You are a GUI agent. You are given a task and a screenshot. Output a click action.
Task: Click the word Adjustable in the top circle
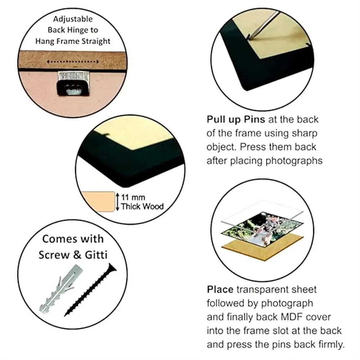(x=73, y=19)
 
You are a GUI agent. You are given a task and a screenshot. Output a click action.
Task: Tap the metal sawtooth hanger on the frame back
(x=73, y=83)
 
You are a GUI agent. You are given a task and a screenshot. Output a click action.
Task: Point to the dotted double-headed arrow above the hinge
(x=73, y=62)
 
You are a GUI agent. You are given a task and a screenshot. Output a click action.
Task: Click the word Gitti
(x=96, y=255)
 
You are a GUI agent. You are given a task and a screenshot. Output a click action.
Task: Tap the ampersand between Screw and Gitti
(x=77, y=255)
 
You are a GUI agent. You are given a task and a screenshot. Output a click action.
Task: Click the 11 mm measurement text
(x=133, y=197)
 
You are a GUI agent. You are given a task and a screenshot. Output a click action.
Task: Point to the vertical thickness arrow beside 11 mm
(x=118, y=202)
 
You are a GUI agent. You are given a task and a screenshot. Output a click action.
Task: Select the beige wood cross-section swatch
(x=98, y=202)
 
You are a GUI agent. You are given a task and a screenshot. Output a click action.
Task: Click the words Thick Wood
(x=142, y=206)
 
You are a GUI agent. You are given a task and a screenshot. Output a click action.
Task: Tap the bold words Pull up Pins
(x=236, y=120)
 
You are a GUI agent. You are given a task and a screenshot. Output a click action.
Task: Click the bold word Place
(x=220, y=289)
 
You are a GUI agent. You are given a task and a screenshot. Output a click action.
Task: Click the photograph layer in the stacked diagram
(x=262, y=230)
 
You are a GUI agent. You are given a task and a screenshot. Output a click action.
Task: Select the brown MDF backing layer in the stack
(x=262, y=248)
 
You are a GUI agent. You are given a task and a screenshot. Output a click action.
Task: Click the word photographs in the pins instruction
(x=294, y=161)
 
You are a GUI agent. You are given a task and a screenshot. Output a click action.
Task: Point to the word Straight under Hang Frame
(x=96, y=41)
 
